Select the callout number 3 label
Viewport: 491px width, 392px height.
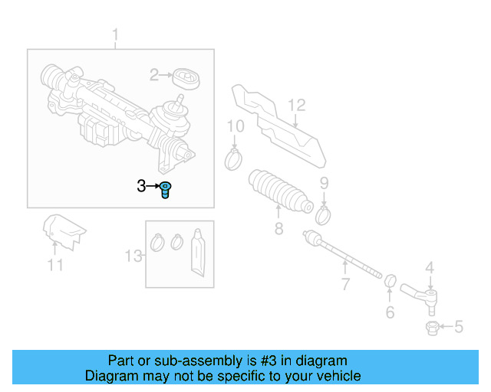point(141,186)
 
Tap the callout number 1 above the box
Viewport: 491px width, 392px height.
point(116,35)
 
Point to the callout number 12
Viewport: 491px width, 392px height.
point(297,105)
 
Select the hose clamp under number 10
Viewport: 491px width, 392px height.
point(233,160)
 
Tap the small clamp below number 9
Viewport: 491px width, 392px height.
point(323,214)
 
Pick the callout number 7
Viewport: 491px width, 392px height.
point(345,285)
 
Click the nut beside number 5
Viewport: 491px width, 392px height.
point(432,328)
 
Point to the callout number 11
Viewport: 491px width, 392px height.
point(54,266)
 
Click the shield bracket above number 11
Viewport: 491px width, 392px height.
point(62,230)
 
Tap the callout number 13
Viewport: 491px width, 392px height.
point(134,256)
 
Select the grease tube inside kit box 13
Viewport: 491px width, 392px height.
point(199,252)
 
